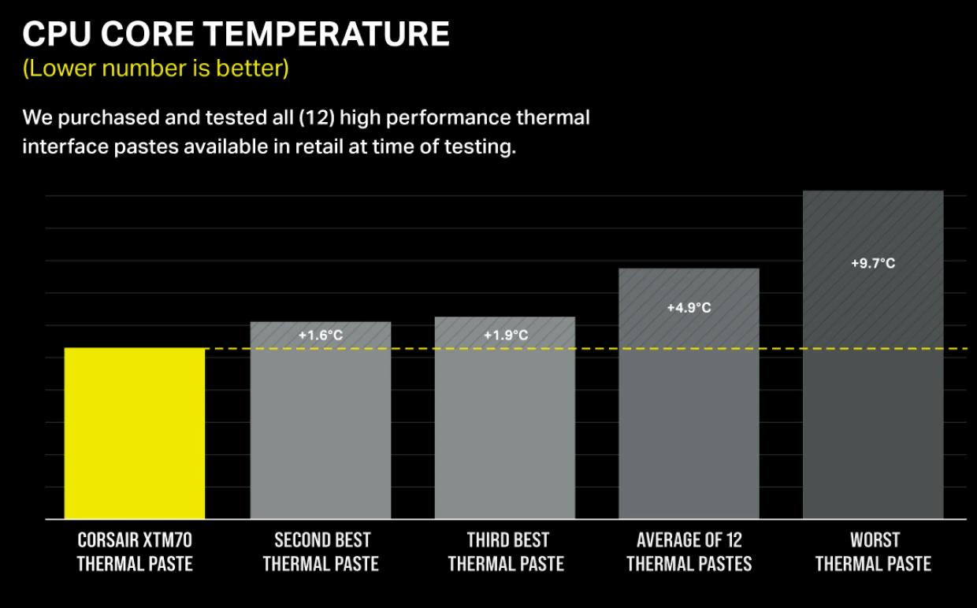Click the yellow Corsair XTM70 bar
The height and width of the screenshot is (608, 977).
click(135, 433)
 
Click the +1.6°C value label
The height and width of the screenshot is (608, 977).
click(321, 336)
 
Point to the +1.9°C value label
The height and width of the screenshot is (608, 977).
click(506, 336)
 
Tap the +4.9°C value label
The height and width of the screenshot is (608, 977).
click(689, 308)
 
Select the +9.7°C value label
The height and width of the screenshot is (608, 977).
click(873, 263)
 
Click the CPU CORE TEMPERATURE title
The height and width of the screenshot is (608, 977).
click(236, 35)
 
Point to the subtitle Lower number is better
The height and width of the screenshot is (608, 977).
click(156, 69)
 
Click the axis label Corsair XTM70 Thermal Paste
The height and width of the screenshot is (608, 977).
click(135, 551)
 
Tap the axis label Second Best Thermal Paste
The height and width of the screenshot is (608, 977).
click(321, 551)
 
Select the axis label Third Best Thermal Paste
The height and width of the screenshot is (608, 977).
click(506, 551)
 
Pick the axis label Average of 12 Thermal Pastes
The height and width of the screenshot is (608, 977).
click(689, 551)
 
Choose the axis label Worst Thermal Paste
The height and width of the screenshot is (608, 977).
click(873, 551)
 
